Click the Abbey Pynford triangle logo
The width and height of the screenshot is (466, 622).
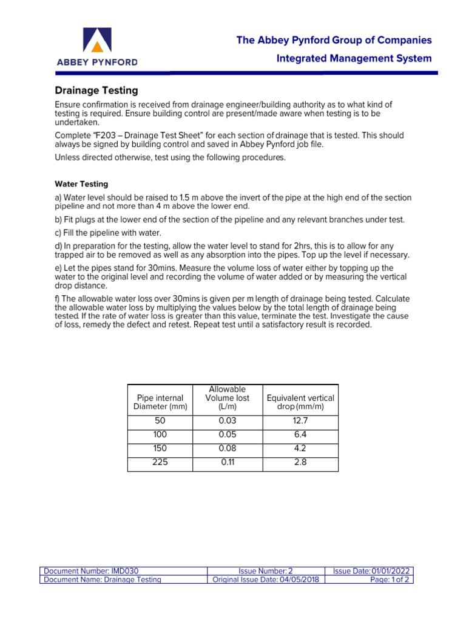tap(96, 41)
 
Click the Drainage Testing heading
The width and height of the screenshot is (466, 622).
tap(96, 91)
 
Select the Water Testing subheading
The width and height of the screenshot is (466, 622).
tap(81, 183)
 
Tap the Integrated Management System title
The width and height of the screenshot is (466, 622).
tap(354, 58)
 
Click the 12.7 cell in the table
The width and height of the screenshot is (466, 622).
tap(300, 421)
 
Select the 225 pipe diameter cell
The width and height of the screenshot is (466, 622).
tap(160, 462)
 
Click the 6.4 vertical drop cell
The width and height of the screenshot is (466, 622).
tap(300, 435)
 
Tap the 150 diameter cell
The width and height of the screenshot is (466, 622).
tap(160, 448)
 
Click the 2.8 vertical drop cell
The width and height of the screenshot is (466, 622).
tap(300, 462)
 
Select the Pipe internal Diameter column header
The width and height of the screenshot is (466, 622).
tap(160, 402)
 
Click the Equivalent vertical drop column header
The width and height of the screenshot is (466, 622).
tap(300, 402)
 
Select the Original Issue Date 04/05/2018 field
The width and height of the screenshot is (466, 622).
tap(266, 579)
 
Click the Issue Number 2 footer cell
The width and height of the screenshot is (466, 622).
tap(266, 571)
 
